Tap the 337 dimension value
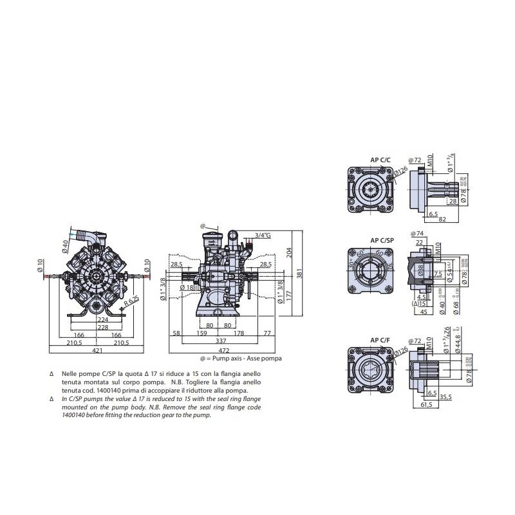coord(221,341)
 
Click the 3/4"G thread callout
coord(263,236)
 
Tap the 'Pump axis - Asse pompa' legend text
coord(241,358)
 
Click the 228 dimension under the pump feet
coord(102,326)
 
